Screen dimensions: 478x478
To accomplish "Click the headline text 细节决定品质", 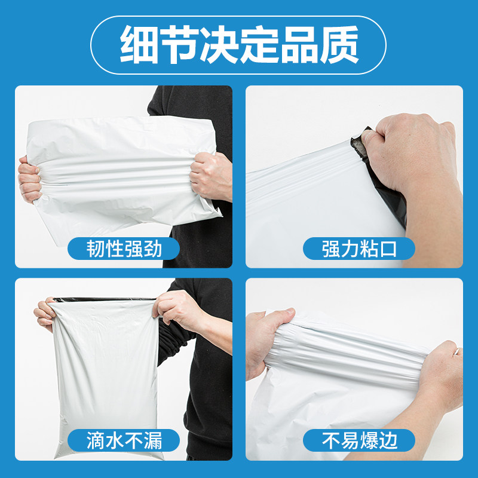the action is tap(239, 44).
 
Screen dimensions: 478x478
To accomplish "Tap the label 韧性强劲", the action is tap(124, 249).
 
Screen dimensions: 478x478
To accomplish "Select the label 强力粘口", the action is tap(359, 249).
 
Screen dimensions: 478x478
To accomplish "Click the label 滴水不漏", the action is tap(124, 440).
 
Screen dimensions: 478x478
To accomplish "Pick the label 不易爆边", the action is tap(360, 440).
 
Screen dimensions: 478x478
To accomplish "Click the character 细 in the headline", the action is tap(139, 44).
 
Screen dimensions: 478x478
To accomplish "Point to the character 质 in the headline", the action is tap(339, 44).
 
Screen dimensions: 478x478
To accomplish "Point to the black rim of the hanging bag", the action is tap(103, 299).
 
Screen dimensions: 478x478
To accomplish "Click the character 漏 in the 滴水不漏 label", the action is tap(152, 440).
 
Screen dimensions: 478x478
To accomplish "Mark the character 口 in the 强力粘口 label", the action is tap(388, 249).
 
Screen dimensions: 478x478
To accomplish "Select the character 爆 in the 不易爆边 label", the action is tap(369, 440).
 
